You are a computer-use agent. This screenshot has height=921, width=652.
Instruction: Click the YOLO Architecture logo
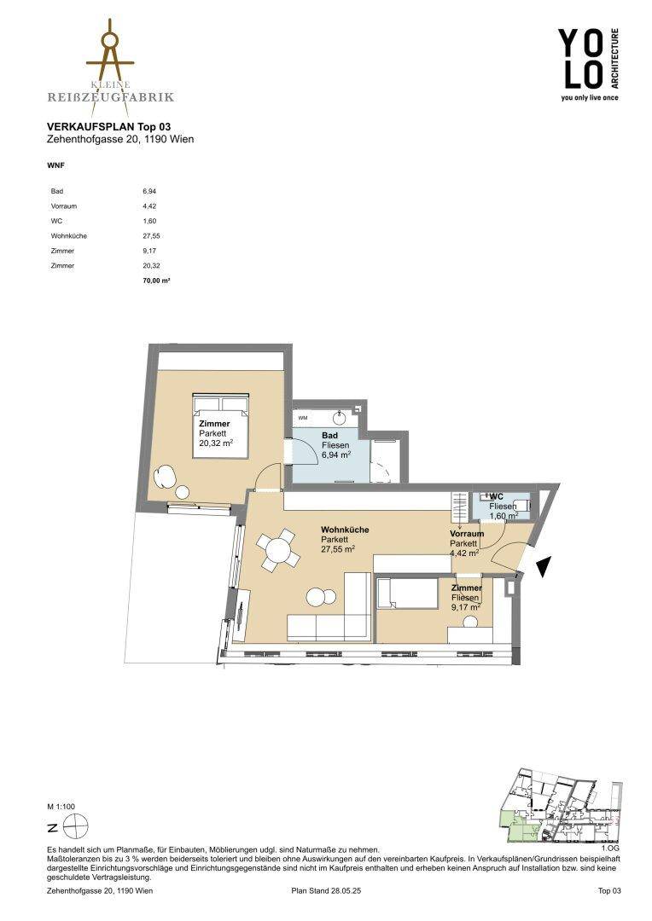point(588,65)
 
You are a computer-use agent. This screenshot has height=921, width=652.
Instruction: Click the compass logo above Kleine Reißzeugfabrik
point(110,53)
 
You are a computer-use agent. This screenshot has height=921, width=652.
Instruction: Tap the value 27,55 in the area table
point(151,236)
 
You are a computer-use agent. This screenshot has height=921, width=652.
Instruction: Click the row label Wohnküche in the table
point(69,236)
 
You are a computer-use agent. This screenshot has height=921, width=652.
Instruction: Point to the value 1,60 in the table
point(148,222)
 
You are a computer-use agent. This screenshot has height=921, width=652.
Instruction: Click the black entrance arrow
point(544,566)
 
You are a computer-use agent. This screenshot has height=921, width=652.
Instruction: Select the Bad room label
point(329,436)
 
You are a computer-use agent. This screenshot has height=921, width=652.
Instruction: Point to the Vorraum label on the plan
point(467,534)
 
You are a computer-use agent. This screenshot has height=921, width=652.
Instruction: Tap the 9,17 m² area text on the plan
point(466,608)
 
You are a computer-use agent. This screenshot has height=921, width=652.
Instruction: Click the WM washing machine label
point(303,418)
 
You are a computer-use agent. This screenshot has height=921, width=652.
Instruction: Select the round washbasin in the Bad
point(339,418)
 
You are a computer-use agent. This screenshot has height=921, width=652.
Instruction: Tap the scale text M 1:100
point(61,807)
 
